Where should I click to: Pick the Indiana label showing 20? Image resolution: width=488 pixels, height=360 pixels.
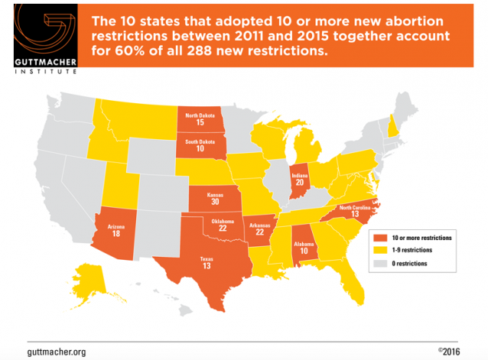coord(301,179)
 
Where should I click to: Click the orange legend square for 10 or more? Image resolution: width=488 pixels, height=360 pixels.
coord(374,238)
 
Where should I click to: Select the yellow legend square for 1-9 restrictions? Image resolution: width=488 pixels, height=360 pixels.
coord(374,250)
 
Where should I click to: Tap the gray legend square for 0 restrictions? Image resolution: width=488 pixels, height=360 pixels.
coord(374,263)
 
